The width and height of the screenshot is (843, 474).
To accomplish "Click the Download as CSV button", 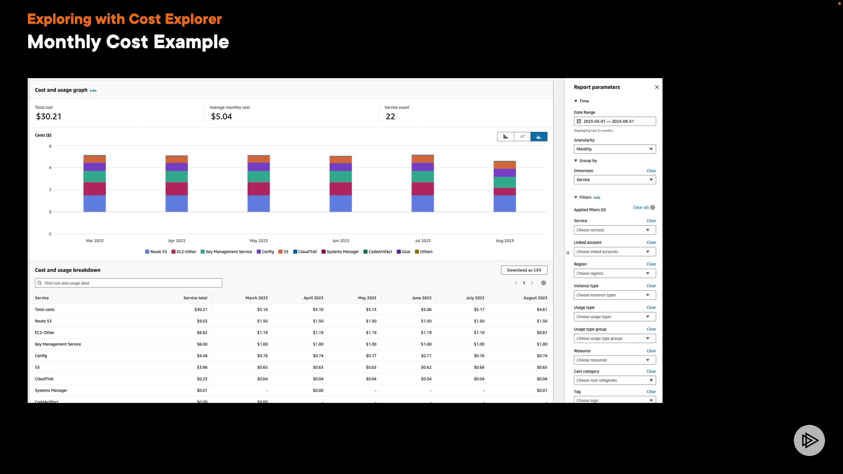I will tap(524, 270).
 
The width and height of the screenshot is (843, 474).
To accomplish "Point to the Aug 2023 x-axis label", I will tap(504, 241).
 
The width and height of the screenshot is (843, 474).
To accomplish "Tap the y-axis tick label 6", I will tap(50, 146).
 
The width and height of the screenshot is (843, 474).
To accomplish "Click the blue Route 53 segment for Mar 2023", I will tap(94, 204).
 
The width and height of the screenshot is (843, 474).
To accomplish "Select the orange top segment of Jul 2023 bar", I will tap(422, 159).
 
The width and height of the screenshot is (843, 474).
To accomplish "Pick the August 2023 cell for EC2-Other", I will tap(542, 333).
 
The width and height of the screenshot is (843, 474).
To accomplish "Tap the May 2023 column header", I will tap(367, 298).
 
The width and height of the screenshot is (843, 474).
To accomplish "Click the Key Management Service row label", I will tap(58, 345).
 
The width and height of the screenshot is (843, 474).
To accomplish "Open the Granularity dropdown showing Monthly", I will tap(615, 149).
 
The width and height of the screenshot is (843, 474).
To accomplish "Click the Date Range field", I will tap(615, 122).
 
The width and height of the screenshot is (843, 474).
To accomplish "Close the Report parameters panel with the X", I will tap(657, 87).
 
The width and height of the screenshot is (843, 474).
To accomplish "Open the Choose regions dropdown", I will tap(615, 273).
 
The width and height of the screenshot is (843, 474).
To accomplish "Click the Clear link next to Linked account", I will tap(651, 243).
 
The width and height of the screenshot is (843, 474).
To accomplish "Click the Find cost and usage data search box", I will tap(129, 284).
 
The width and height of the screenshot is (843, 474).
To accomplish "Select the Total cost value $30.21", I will tap(49, 117).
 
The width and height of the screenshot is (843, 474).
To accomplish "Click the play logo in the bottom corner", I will tap(809, 440).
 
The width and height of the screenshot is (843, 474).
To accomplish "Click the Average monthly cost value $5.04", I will tap(221, 117).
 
